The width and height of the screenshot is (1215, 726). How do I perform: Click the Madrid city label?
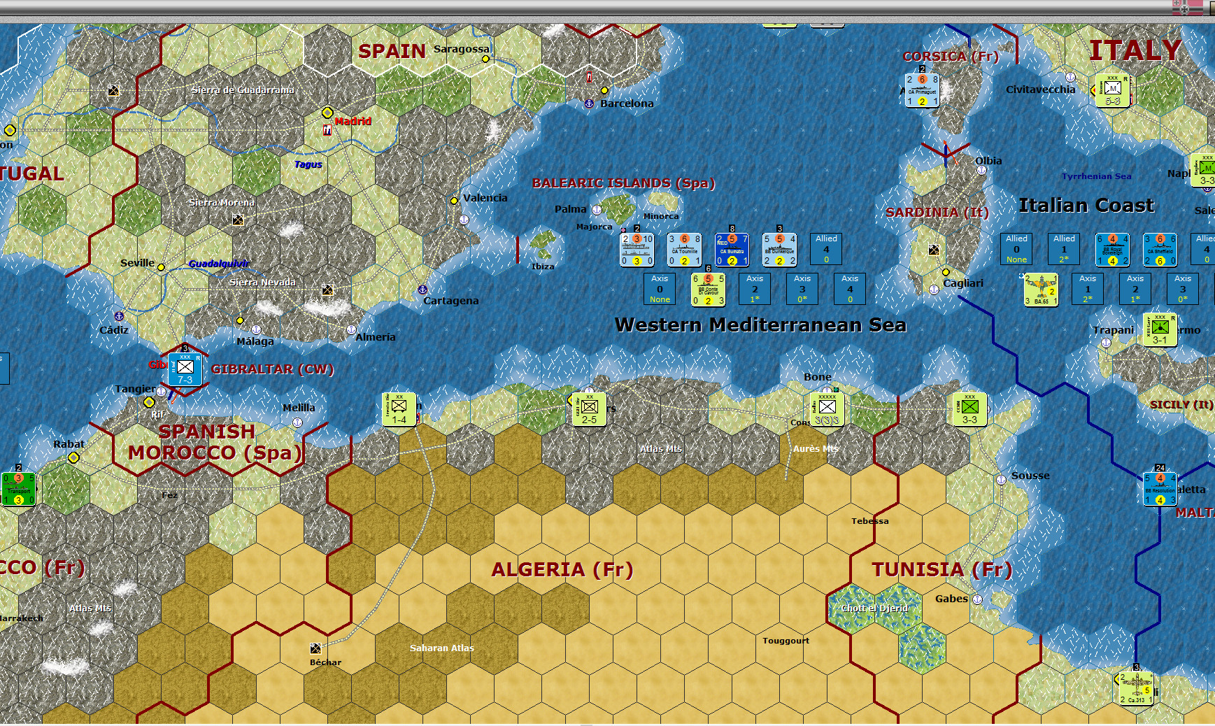pos(353,121)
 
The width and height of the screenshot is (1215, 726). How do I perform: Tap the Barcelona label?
pos(627,104)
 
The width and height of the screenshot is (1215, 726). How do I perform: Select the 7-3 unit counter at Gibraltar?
pos(185,370)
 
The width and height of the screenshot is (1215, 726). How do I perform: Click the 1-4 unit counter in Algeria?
pos(399,409)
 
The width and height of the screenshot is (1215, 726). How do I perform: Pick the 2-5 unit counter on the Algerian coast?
pos(590,409)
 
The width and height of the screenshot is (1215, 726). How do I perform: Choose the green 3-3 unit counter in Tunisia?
pos(969,409)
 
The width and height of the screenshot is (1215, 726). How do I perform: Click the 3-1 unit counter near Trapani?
pos(1160,330)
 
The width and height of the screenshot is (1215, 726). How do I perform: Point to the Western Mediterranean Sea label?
pos(760,325)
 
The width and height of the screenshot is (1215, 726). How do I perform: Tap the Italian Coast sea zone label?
pos(1086,206)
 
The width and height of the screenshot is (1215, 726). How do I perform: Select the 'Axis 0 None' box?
pos(660,289)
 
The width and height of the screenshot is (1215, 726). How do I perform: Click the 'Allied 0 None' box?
pos(1016,249)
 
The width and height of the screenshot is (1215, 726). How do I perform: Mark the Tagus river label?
pos(308,164)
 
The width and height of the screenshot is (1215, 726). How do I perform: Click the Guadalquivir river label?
pos(219,264)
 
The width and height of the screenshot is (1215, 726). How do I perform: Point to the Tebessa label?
pos(870,521)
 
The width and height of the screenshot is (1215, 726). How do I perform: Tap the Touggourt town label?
pos(786,641)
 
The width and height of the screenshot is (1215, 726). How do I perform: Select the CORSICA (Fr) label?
pos(951,57)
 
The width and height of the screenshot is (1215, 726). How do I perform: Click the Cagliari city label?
pos(963,283)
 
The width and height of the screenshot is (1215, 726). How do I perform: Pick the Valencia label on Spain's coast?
pos(485,198)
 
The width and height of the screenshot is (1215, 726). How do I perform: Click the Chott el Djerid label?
pos(874,608)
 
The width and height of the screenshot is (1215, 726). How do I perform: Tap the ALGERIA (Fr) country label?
pos(562,570)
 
